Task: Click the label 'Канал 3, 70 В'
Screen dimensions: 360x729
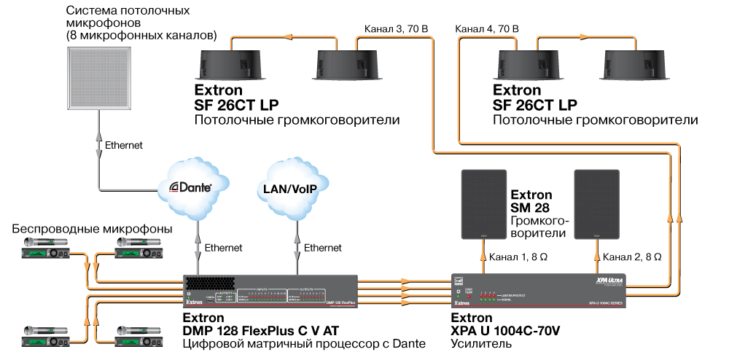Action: coord(396,29)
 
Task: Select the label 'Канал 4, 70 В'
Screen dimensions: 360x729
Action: coord(487,29)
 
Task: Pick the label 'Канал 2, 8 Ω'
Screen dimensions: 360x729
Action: coord(633,257)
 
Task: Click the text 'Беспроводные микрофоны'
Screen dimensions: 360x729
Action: coord(92,229)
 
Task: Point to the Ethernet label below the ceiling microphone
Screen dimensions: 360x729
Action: coord(125,145)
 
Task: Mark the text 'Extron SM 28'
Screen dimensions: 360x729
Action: coord(531,201)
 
